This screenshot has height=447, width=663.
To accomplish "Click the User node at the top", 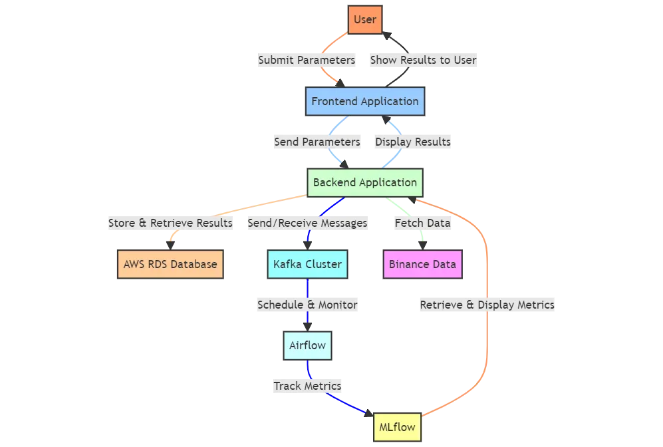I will [x=364, y=19].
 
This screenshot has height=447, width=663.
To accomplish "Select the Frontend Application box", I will [x=364, y=102].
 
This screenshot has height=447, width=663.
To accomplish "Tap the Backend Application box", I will [x=364, y=183].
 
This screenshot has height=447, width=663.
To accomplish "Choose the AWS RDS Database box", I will [x=170, y=264].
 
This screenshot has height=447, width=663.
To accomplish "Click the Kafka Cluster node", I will [x=307, y=264].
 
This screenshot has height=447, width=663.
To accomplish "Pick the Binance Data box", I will [x=422, y=264].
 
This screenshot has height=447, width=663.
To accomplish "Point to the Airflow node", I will [x=307, y=346].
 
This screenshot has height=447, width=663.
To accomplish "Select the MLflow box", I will [x=396, y=427].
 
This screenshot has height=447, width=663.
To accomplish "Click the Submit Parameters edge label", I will [x=307, y=60].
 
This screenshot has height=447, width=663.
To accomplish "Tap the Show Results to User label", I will [x=423, y=60].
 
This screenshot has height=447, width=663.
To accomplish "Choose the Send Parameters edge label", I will [x=317, y=142].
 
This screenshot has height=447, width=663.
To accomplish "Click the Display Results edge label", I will [x=412, y=142].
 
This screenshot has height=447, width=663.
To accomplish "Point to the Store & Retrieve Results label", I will [x=170, y=223].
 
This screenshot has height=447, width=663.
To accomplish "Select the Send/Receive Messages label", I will [x=307, y=223].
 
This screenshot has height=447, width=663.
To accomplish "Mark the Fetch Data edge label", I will [x=422, y=223].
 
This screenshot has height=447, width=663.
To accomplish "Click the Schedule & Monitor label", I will [x=307, y=305].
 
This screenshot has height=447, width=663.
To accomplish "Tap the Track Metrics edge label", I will [x=307, y=386].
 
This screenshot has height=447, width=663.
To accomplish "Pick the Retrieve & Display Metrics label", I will [x=487, y=305].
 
